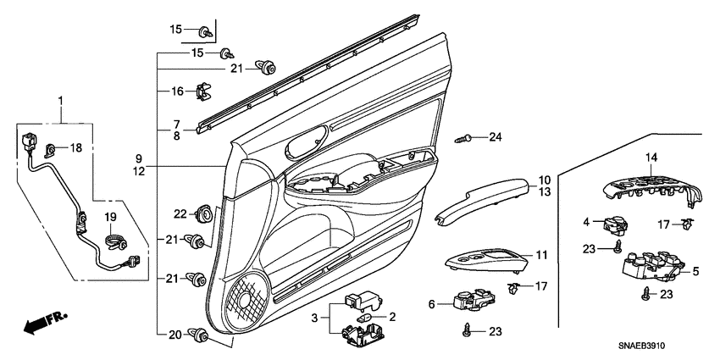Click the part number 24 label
click(496, 137)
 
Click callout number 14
click(651, 158)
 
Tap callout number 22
click(180, 213)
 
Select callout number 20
click(175, 335)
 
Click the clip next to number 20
click(202, 335)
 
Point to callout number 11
click(541, 255)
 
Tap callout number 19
click(109, 217)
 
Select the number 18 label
click(75, 147)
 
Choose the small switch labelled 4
click(613, 225)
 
